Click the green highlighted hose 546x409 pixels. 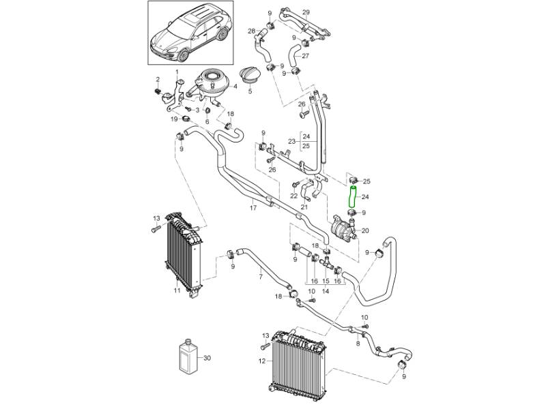point(353,196)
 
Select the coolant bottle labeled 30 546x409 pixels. point(186,356)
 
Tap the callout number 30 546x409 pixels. point(207,358)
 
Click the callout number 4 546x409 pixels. point(235,87)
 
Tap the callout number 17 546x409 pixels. point(253,207)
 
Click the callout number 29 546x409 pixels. point(306,12)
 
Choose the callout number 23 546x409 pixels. point(291,141)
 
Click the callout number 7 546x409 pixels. point(260,277)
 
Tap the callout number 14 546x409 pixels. point(326,291)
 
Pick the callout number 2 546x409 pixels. point(157,80)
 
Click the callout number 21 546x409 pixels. point(304,207)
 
